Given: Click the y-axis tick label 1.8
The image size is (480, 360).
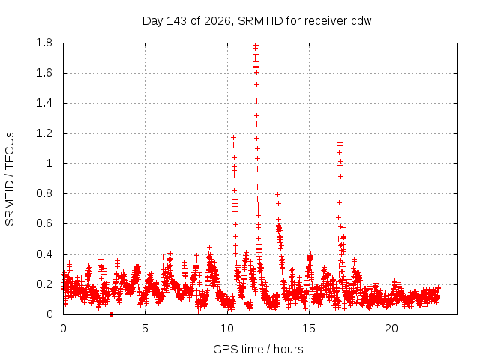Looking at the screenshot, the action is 44,43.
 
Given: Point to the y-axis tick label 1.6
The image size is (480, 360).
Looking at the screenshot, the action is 44,73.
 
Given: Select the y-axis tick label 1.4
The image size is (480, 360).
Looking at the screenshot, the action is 44,103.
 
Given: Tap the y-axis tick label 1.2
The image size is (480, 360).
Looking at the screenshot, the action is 44,133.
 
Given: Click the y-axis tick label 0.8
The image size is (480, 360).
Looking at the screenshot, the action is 44,193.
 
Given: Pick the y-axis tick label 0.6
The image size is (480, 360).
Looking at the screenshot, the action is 44,223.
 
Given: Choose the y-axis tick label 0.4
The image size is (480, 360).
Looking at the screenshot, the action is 44,254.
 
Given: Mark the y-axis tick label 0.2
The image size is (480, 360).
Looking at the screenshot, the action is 44,284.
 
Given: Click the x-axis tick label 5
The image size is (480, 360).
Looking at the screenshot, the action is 145,328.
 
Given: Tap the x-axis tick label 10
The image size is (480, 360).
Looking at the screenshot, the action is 227,328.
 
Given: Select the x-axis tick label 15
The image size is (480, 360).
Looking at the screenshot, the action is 309,328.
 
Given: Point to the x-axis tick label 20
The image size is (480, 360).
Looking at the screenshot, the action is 391,328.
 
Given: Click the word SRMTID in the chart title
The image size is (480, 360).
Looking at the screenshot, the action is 260,21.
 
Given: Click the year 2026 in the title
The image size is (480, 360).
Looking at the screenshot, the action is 217,21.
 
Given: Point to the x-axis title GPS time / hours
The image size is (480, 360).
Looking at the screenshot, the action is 258,349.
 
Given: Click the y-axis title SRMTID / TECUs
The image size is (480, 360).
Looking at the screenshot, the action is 10,179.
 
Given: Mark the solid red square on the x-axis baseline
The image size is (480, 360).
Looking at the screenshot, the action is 111,314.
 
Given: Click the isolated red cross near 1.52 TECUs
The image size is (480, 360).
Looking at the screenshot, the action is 256,84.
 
